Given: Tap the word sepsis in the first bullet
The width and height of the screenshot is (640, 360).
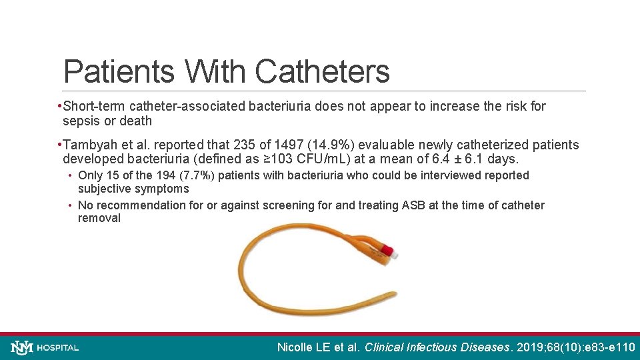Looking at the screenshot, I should [x=81, y=121].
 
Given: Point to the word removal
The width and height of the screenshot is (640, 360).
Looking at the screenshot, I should [x=99, y=218].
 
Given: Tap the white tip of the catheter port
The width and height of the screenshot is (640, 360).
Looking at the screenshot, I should [x=395, y=253].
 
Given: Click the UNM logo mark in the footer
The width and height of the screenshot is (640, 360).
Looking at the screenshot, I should [x=22, y=347].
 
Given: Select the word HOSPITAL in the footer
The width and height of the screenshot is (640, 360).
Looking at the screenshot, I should [x=58, y=347].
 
